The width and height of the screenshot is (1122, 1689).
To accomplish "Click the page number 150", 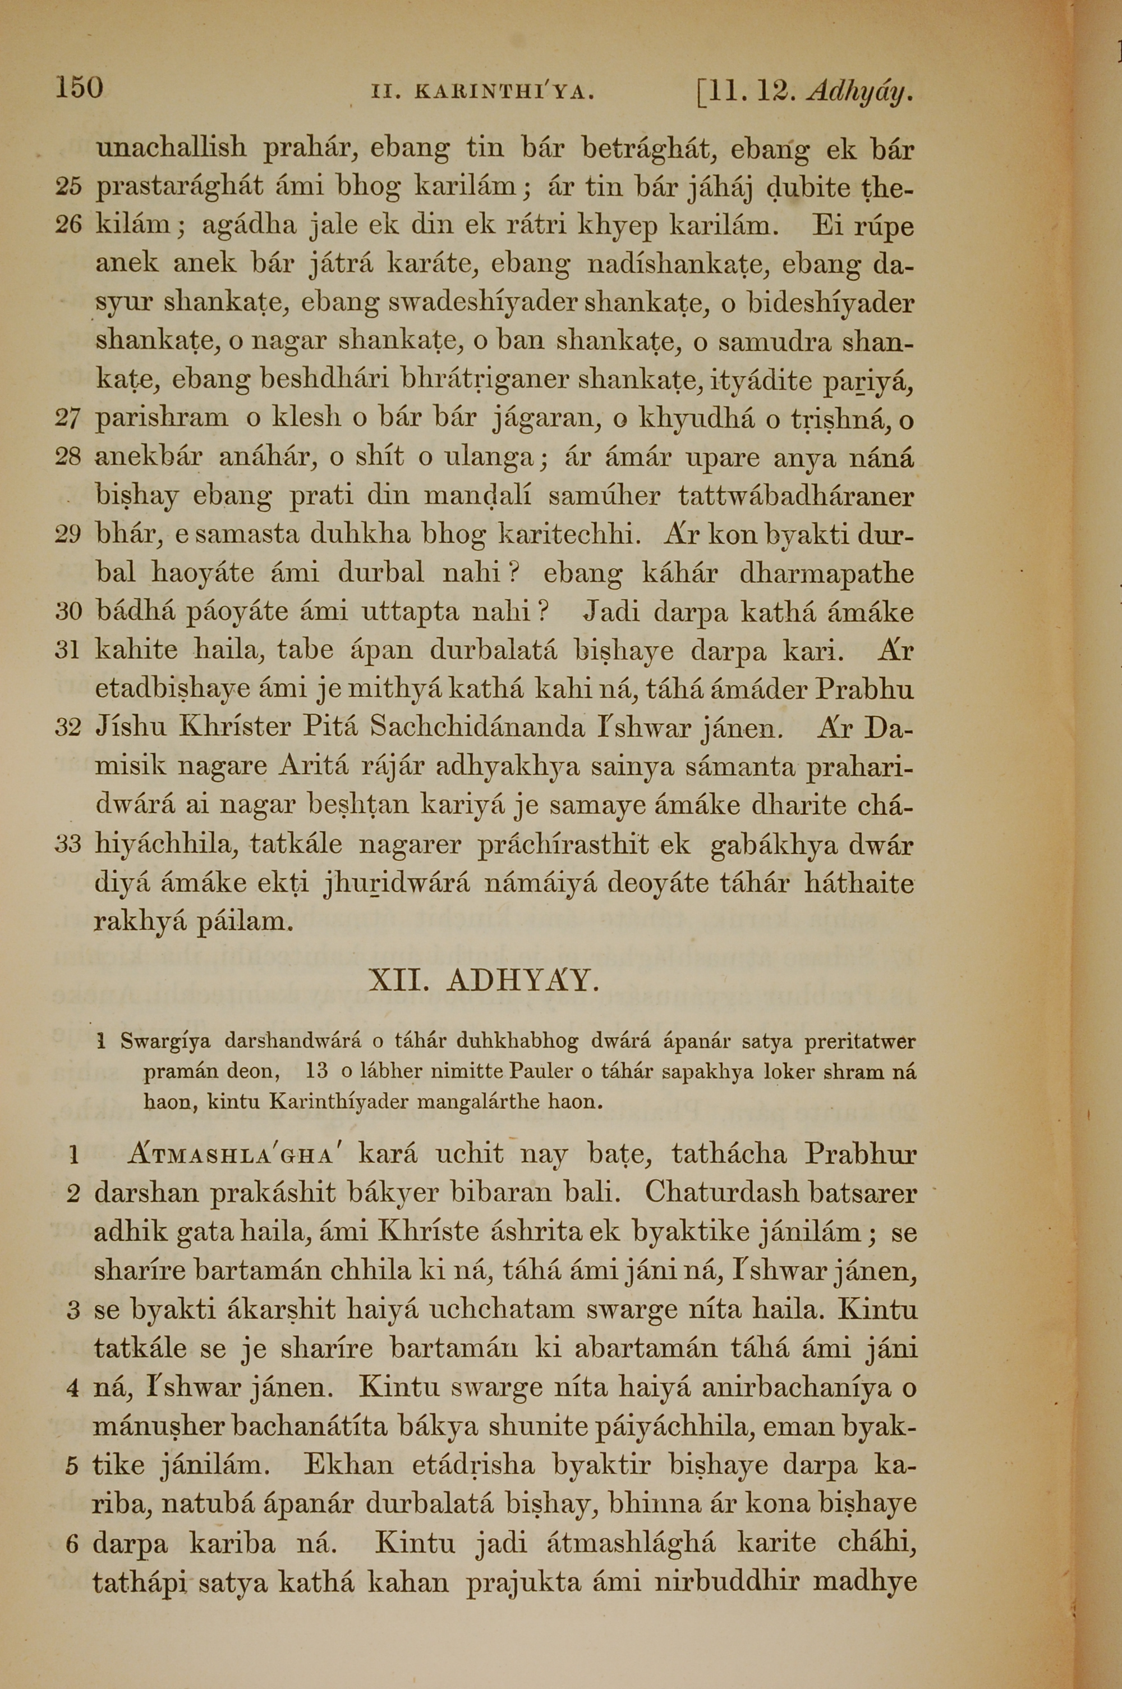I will pos(80,88).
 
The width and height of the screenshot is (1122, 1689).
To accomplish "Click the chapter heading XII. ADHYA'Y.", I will pos(483,980).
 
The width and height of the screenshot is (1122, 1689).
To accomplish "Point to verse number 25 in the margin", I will pos(68,188).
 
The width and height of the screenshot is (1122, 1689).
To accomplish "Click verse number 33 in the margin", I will pos(68,845).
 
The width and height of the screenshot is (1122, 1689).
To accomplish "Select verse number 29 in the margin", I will pos(68,535).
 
